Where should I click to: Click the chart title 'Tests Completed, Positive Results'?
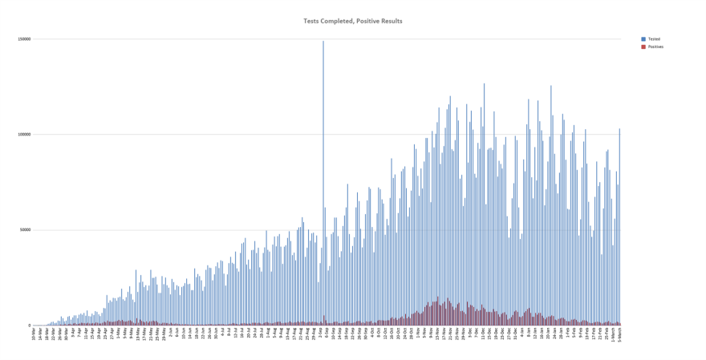pos(353,21)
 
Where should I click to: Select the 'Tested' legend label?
pos(654,38)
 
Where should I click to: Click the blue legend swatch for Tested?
pos(643,38)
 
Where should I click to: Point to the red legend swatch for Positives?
pos(643,47)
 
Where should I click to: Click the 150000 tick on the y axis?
pos(23,39)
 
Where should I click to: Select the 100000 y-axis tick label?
pos(23,135)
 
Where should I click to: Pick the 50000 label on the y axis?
pos(24,230)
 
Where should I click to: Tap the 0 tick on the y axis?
pos(29,326)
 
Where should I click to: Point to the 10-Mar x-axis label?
pos(34,334)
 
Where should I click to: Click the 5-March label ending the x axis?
pos(619,335)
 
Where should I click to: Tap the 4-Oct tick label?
pos(372,334)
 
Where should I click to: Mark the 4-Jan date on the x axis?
pos(521,334)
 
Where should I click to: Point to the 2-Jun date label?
pos(170,334)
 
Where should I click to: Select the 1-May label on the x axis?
pos(118,334)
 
